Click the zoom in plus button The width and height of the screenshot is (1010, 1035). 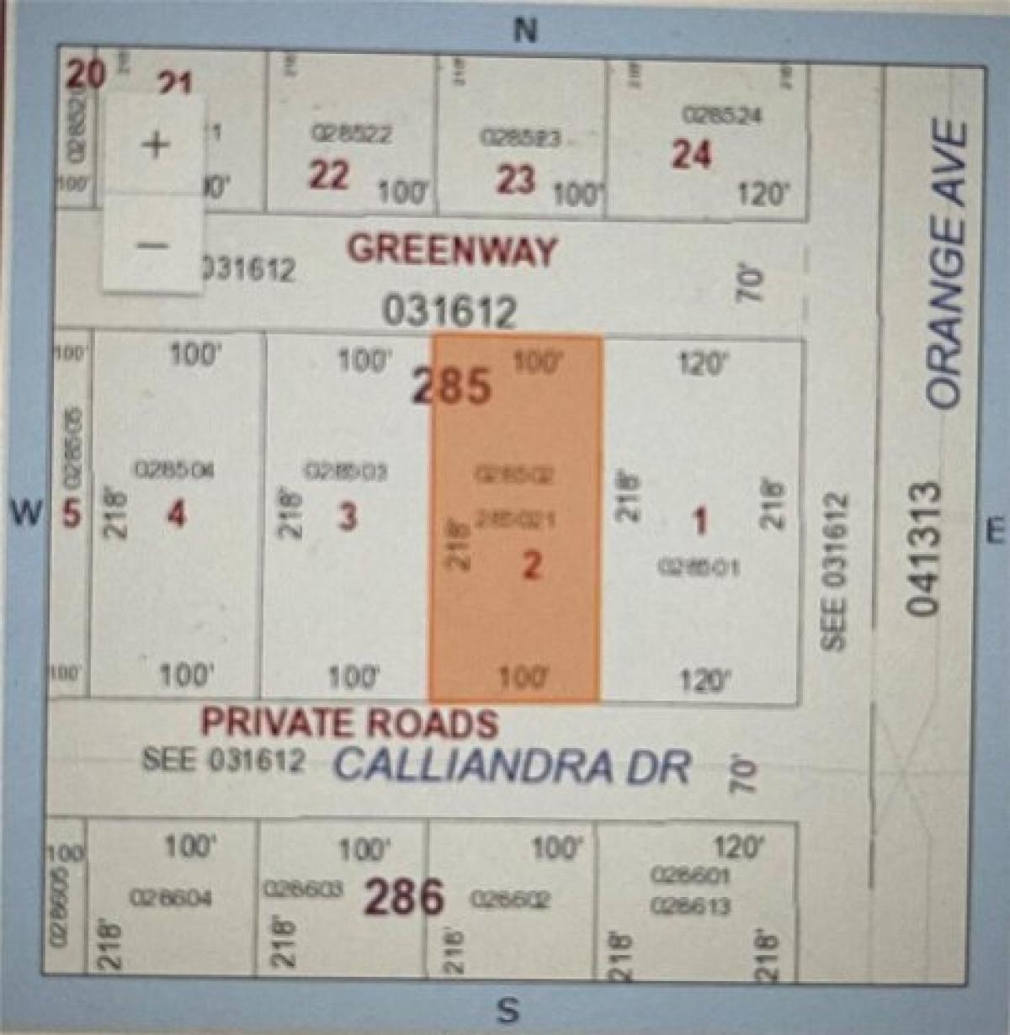point(154,144)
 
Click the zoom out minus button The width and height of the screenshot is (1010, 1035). point(154,245)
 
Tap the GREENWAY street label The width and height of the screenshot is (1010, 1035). point(452,250)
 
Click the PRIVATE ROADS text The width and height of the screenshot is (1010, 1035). point(348,723)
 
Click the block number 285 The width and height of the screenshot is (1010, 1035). point(452,386)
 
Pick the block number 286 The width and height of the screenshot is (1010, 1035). point(403,897)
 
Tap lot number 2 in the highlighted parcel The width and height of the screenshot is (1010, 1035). point(531,565)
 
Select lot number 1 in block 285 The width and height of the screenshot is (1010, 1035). point(699,523)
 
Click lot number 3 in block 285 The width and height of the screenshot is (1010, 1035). point(348,516)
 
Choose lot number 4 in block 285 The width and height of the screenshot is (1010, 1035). point(175,513)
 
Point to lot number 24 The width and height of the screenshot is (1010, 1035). point(691,155)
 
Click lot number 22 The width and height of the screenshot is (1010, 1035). point(328,176)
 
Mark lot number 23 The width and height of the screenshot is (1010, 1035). point(515,178)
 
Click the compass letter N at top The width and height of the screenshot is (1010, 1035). point(524,30)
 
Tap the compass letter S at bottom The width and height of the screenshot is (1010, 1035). point(507,1010)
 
